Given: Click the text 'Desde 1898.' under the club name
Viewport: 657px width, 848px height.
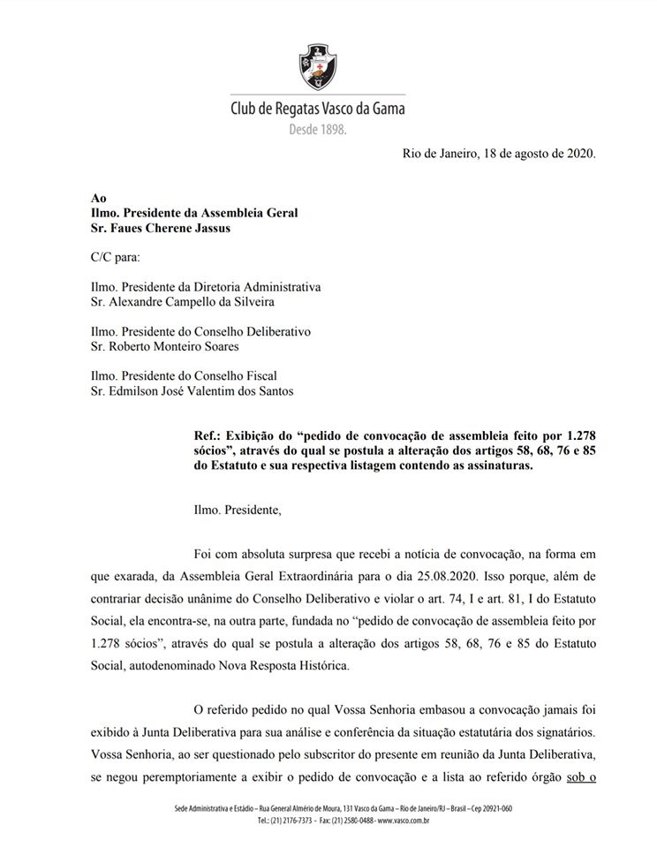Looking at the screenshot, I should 319,130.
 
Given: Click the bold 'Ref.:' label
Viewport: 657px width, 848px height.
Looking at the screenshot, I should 208,435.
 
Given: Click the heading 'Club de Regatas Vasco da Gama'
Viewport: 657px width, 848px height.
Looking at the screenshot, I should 317,110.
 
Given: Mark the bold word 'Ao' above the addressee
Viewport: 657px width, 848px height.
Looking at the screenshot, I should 99,198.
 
